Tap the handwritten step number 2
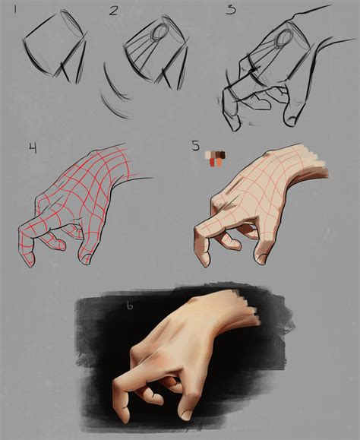(x=114, y=11)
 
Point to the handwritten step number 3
(x=229, y=10)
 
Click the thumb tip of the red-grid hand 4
(x=87, y=257)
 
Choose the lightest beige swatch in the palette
(x=208, y=154)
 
